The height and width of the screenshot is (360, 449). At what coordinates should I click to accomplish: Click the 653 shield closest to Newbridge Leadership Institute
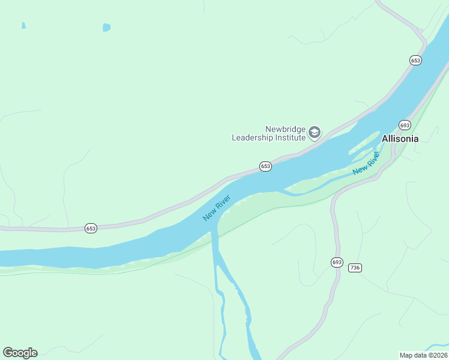coord(265,166)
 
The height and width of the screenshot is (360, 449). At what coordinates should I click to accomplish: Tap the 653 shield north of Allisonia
coord(415,60)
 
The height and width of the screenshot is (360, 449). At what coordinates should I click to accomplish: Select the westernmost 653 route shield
coord(91,228)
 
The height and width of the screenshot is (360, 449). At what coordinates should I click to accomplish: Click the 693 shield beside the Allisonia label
coord(405,125)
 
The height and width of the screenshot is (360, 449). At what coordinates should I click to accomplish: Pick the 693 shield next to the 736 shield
coord(336,262)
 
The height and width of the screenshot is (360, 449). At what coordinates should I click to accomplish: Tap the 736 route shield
coord(355,268)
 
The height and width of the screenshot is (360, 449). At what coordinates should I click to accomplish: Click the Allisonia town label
coord(400,139)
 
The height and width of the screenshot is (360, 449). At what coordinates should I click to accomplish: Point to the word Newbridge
coord(286,129)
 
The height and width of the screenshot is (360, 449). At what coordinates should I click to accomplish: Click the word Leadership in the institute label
coord(254,137)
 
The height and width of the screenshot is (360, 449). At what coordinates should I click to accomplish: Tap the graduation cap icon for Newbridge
coord(315,133)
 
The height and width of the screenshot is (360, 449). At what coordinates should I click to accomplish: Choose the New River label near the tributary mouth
coord(216,207)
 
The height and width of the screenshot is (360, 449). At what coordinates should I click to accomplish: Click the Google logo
coord(20,353)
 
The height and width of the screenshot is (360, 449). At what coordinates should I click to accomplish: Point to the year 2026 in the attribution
coord(438,355)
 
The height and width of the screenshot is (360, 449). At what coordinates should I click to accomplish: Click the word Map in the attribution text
coord(407,355)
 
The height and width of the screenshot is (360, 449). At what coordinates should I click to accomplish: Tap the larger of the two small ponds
coord(107,27)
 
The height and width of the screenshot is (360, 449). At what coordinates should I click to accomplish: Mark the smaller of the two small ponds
coord(23,25)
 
